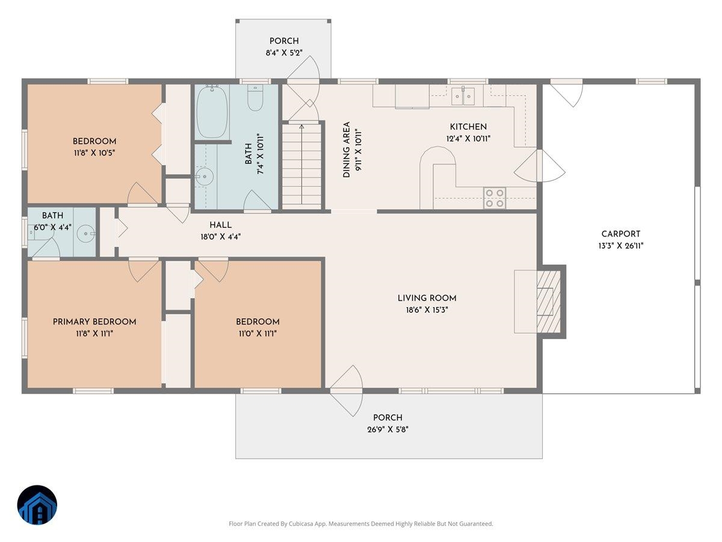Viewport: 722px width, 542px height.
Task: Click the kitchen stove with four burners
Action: click(x=495, y=198)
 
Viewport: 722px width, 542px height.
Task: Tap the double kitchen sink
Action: click(x=463, y=96)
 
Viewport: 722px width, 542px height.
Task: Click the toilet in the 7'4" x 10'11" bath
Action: click(x=255, y=98)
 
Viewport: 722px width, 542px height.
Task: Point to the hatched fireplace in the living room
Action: click(x=549, y=302)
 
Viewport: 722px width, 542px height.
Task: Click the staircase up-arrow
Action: click(x=301, y=164)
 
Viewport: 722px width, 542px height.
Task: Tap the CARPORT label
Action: click(x=621, y=234)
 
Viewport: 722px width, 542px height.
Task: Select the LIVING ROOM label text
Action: click(x=427, y=298)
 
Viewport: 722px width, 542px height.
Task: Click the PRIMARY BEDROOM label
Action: click(x=94, y=322)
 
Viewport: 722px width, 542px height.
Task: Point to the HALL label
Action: click(x=220, y=225)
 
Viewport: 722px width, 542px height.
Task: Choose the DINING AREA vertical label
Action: click(x=347, y=150)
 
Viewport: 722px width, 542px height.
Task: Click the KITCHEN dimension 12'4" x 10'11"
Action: click(x=468, y=139)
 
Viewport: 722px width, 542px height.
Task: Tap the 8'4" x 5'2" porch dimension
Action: click(x=284, y=52)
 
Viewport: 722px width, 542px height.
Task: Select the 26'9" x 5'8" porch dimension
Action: click(x=387, y=429)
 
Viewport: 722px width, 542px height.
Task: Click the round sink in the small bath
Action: click(x=86, y=234)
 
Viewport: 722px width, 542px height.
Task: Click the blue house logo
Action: click(x=37, y=505)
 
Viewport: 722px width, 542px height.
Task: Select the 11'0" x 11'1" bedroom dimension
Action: click(x=258, y=334)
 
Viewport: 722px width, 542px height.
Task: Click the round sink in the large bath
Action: click(x=205, y=176)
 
